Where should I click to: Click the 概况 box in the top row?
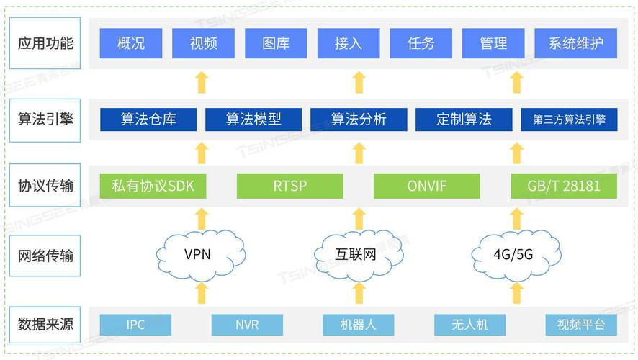pyautogui.click(x=130, y=43)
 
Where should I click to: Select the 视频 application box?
pyautogui.click(x=203, y=43)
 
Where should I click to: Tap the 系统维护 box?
pyautogui.click(x=575, y=43)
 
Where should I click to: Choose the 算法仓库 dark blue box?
pyautogui.click(x=148, y=120)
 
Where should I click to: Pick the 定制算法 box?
pyautogui.click(x=463, y=120)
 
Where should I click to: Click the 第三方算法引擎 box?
pyautogui.click(x=569, y=120)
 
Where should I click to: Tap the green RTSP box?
pyautogui.click(x=289, y=186)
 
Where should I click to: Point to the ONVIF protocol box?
pyautogui.click(x=426, y=186)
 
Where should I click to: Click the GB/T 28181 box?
pyautogui.click(x=564, y=186)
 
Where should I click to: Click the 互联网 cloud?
pyautogui.click(x=356, y=253)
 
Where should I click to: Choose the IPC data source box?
pyautogui.click(x=135, y=325)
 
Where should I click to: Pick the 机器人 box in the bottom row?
pyautogui.click(x=358, y=325)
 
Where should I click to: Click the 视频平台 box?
pyautogui.click(x=580, y=325)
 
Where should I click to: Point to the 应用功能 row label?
pyautogui.click(x=45, y=43)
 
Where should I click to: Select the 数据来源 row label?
pyautogui.click(x=45, y=325)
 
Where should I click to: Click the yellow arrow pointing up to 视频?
pyautogui.click(x=202, y=81)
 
